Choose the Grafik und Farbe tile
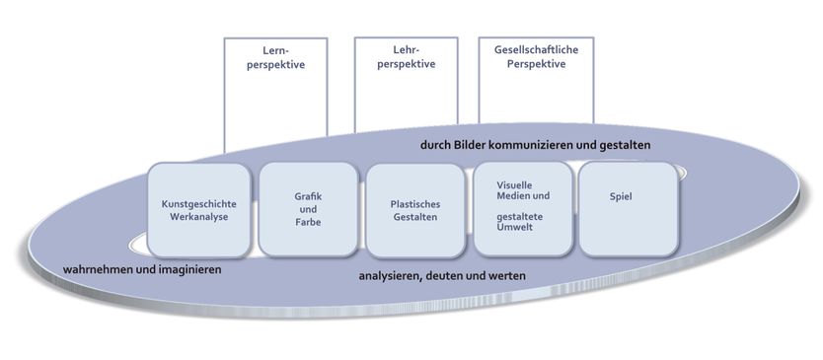coord(308,209)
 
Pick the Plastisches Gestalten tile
coord(414,209)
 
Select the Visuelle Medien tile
coord(523,209)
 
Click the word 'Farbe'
coord(309,222)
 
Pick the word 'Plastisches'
coord(414,203)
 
